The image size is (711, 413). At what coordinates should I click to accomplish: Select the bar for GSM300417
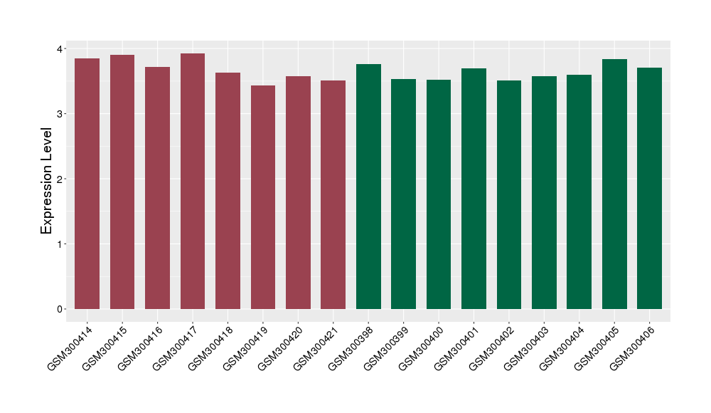193,181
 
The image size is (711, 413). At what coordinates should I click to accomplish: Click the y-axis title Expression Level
47,181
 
